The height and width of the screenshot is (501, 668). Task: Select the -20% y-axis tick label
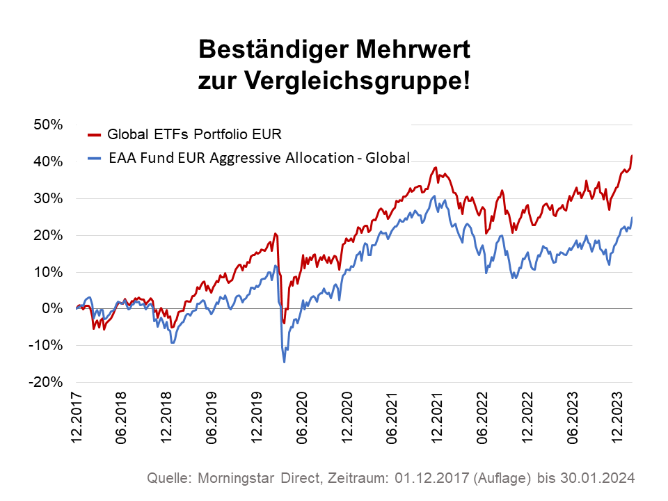(x=47, y=382)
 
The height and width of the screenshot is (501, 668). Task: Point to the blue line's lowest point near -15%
(x=284, y=362)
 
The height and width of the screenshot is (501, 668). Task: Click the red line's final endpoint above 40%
(x=632, y=155)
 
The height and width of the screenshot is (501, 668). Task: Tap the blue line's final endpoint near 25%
(x=632, y=218)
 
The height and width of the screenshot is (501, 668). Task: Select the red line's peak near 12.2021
(x=436, y=168)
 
